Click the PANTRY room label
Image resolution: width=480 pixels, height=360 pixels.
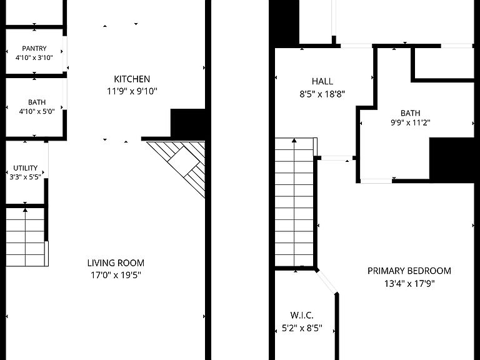[34, 48]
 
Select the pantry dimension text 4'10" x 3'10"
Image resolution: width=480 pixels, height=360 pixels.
[34, 57]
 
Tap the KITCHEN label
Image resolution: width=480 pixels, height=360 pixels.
[132, 79]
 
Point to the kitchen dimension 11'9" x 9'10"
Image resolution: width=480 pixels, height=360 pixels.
[132, 91]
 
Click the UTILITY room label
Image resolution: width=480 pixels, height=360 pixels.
[26, 168]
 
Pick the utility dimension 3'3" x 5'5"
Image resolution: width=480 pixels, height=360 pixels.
[26, 177]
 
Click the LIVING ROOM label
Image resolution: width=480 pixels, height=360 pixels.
[116, 263]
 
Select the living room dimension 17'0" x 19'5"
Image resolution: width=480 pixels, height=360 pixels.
[116, 275]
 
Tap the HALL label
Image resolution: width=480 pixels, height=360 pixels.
[322, 81]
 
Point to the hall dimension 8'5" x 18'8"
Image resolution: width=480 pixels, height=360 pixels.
[322, 94]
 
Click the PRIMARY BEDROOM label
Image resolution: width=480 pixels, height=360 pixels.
[409, 271]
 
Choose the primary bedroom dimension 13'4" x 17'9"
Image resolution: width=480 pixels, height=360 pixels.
[409, 284]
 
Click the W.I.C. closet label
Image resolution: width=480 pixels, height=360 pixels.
[302, 315]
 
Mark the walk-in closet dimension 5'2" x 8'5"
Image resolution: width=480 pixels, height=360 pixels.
[302, 329]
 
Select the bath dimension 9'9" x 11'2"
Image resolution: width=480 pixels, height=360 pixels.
[410, 122]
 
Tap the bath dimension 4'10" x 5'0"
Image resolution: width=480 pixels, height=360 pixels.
[37, 111]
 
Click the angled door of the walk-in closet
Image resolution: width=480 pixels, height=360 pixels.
[327, 282]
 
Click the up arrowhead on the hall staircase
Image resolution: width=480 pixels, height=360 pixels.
[294, 141]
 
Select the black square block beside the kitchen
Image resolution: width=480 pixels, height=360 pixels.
[187, 123]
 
